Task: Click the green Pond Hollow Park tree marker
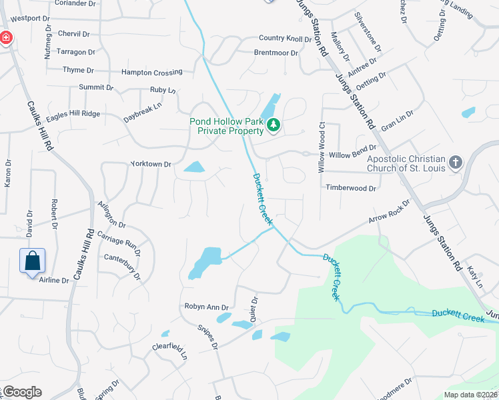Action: coord(272,125)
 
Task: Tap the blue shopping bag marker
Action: coord(32,261)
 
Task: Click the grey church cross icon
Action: coord(456,162)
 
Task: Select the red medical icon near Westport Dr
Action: coord(5,37)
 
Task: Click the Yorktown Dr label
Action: coord(151,163)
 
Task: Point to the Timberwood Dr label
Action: coord(351,189)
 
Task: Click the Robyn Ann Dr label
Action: coord(207,307)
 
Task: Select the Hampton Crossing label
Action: coord(151,72)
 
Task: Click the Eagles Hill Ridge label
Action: coord(73,114)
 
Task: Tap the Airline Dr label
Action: coord(54,281)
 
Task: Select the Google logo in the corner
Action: coord(21,392)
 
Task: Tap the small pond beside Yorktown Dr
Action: coord(193,167)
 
